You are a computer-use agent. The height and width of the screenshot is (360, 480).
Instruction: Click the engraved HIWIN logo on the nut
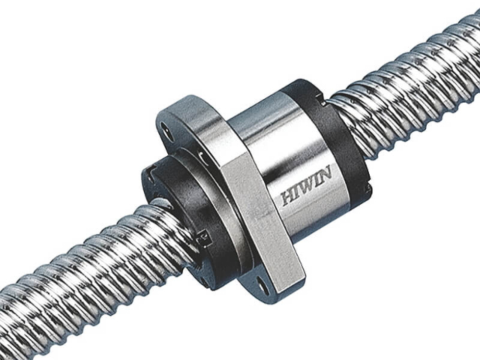(307, 185)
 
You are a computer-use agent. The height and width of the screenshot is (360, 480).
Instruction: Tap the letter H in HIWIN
(288, 198)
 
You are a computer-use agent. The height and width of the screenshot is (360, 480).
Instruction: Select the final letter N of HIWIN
(325, 172)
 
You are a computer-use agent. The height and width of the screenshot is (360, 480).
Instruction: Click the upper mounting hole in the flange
(165, 129)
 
